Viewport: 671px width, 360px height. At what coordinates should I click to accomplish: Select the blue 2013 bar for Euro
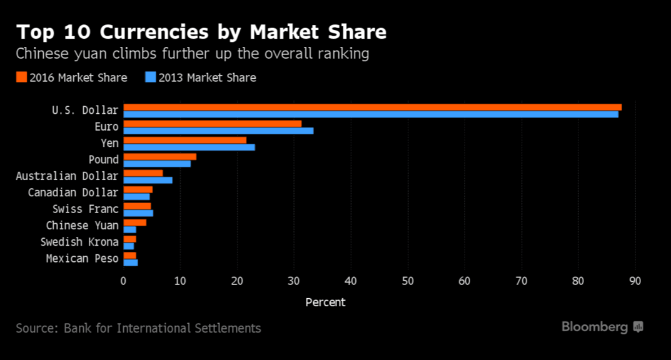click(218, 131)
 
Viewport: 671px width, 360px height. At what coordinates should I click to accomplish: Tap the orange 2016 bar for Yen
click(184, 140)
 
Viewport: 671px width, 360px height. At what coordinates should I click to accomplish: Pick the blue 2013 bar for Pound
click(157, 164)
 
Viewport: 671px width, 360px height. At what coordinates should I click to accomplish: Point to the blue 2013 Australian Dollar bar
click(148, 180)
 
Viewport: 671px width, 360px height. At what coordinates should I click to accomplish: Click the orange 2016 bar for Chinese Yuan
click(134, 222)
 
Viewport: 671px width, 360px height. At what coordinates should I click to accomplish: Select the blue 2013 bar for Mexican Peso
click(131, 262)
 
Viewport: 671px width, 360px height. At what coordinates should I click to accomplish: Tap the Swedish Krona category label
click(79, 242)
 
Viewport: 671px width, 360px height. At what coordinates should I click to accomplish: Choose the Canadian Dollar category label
click(73, 192)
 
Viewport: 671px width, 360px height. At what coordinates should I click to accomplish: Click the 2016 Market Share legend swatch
click(21, 77)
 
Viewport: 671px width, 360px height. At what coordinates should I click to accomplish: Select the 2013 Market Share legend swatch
click(150, 77)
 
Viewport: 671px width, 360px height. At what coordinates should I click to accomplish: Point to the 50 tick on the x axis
click(408, 281)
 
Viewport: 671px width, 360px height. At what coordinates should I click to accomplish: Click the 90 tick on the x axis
click(635, 281)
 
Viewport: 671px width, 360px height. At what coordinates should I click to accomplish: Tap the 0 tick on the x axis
click(123, 281)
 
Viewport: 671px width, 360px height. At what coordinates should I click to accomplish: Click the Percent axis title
click(325, 302)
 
